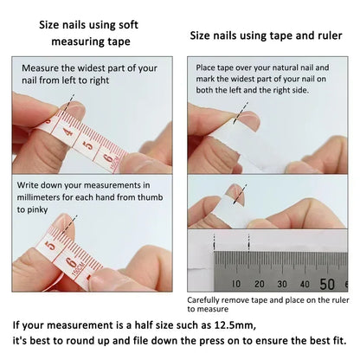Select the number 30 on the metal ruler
pos(280,284)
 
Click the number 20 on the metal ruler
pos(259,284)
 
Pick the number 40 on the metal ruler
pos(305,284)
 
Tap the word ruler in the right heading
pos(306,35)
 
